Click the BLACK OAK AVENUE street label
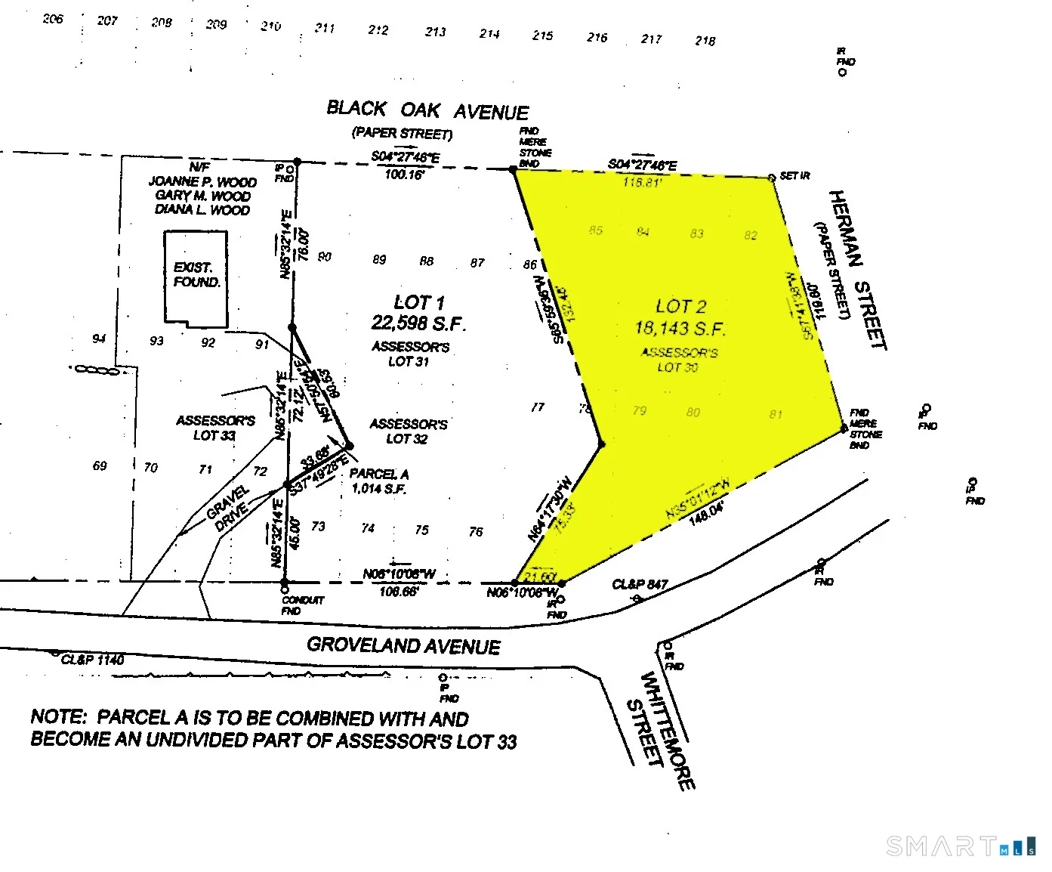click(x=427, y=110)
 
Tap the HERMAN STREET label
click(x=858, y=270)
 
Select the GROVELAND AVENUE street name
click(x=403, y=645)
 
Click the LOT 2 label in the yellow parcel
click(x=680, y=306)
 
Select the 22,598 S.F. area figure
click(x=418, y=323)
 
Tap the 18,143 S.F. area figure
click(x=680, y=328)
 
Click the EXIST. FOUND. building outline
click(x=196, y=278)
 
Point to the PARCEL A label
click(x=378, y=474)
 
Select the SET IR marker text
click(x=794, y=176)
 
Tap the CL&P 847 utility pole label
click(x=640, y=584)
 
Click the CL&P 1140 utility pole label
click(x=92, y=660)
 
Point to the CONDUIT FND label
click(x=302, y=605)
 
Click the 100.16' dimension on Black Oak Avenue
click(x=404, y=175)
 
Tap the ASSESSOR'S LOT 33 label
click(x=215, y=428)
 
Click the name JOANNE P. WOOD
click(x=202, y=181)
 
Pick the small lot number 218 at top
click(x=705, y=40)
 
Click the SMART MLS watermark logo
click(x=961, y=846)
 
